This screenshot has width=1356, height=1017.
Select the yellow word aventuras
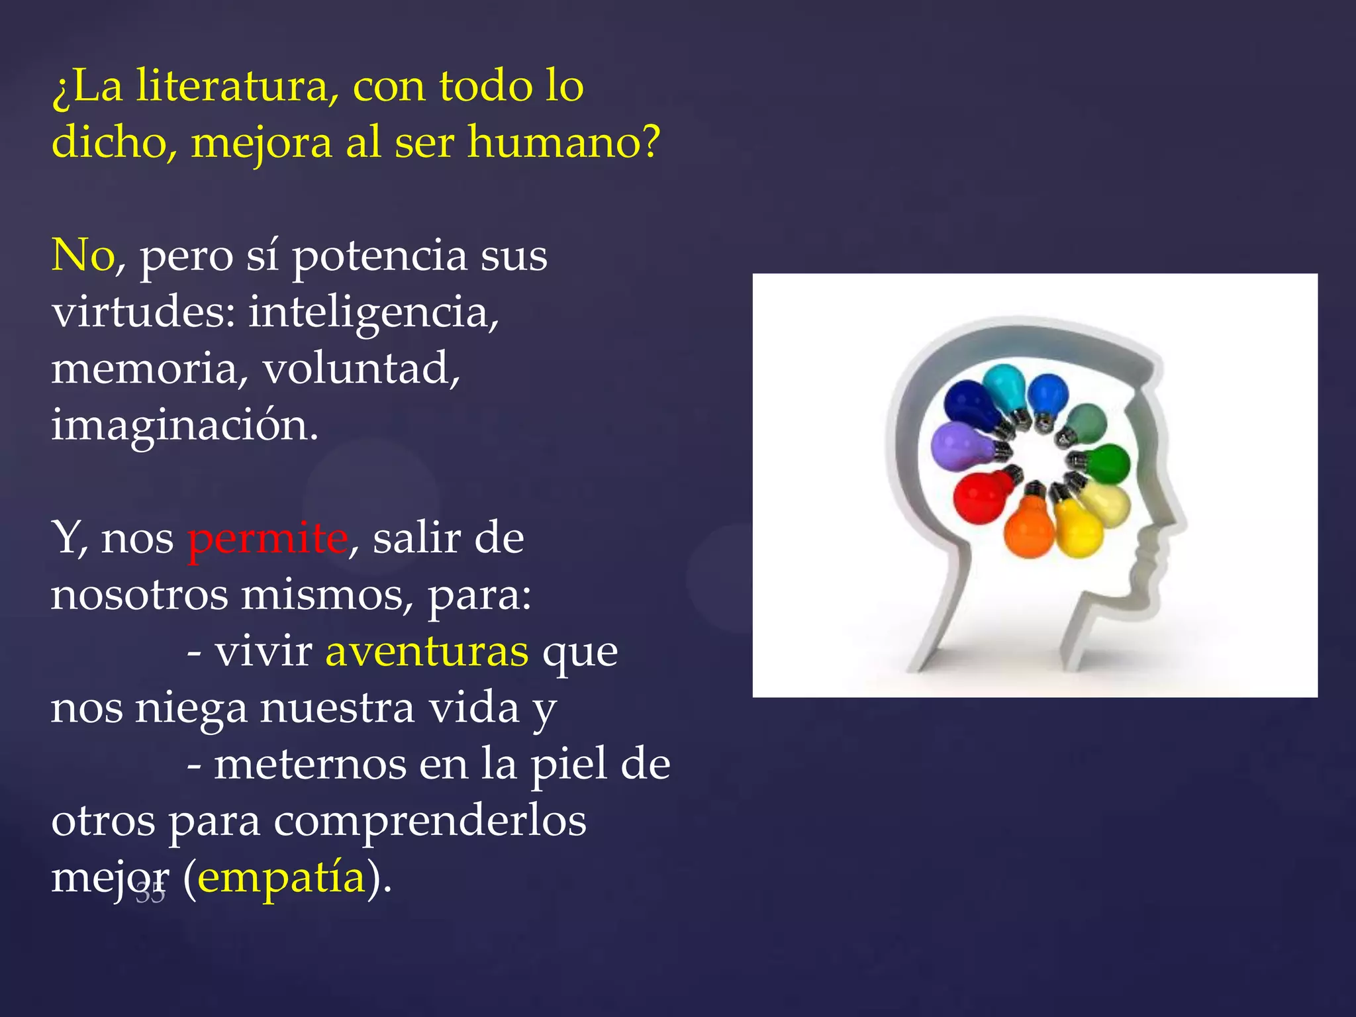click(427, 652)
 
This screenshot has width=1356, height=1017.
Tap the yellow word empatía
click(282, 878)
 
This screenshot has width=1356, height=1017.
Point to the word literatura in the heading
click(237, 86)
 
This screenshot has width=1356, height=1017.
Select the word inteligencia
click(373, 313)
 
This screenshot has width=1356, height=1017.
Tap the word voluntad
click(361, 369)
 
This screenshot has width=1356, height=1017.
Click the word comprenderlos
click(430, 822)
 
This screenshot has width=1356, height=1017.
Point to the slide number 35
click(150, 894)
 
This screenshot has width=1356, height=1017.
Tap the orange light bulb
click(1030, 530)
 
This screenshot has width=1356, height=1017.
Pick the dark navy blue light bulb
click(971, 404)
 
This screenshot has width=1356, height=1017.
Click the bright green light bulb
click(1107, 463)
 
